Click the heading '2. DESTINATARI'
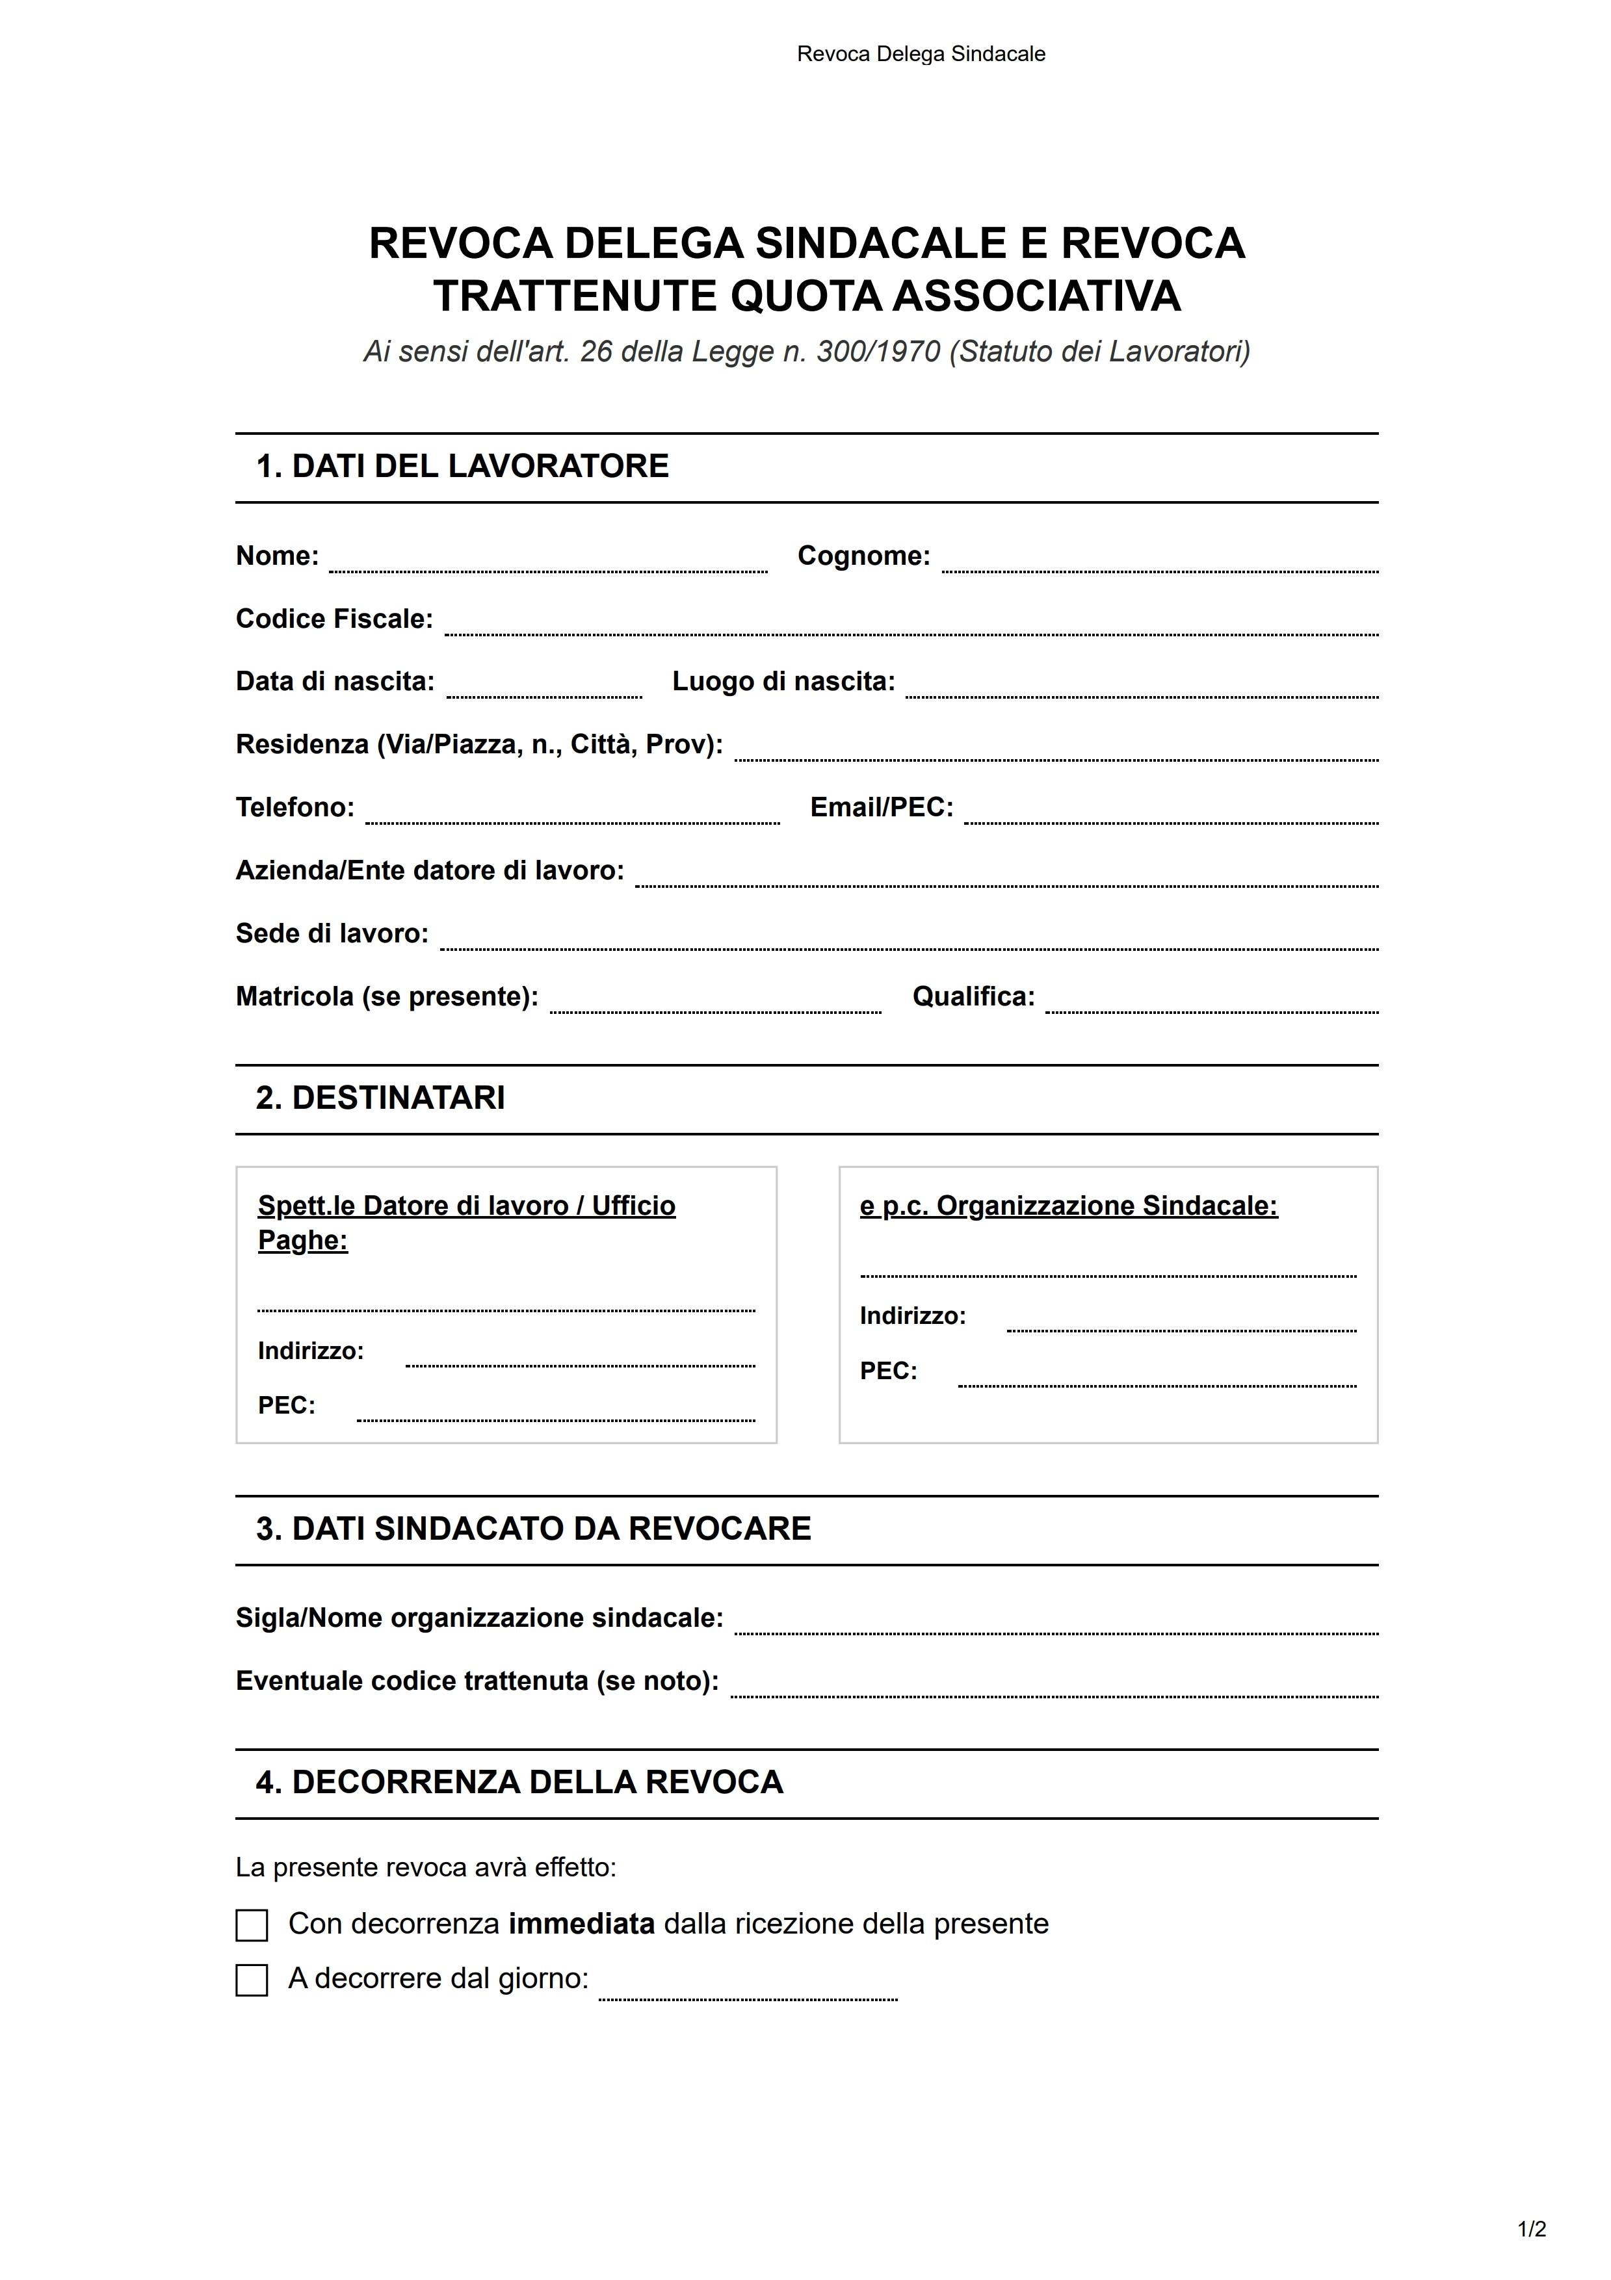(x=380, y=1098)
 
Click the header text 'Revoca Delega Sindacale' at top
(x=921, y=55)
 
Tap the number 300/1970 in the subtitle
(x=878, y=352)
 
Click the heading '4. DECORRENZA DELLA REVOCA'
(x=519, y=1783)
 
